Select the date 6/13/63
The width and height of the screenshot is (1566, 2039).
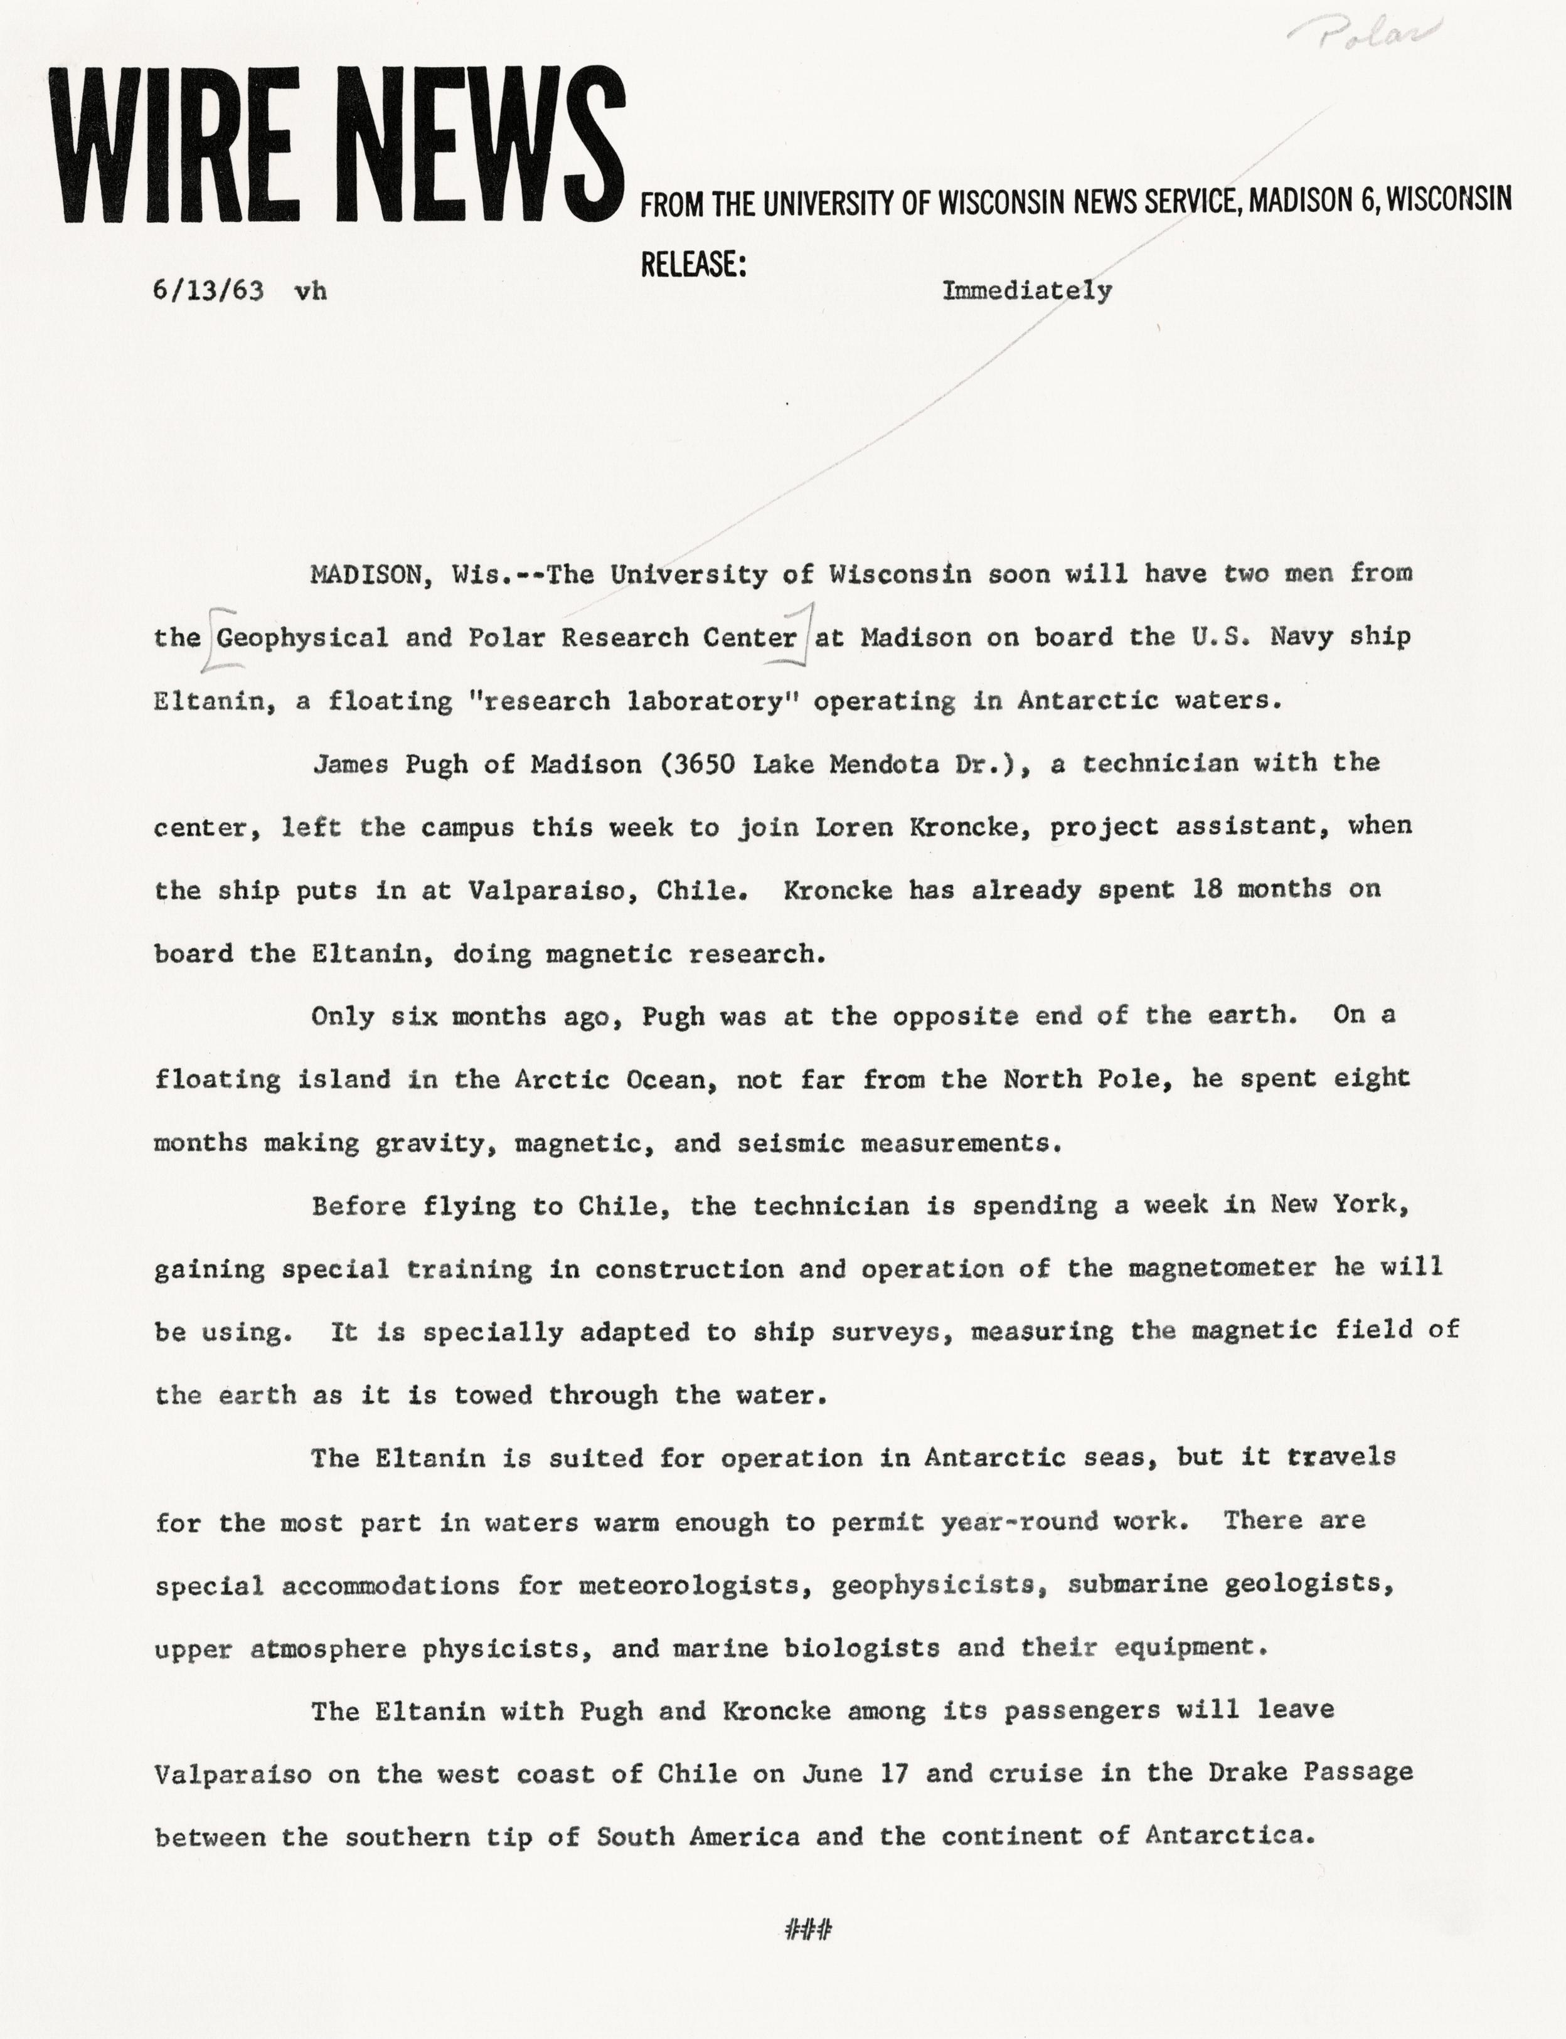point(208,291)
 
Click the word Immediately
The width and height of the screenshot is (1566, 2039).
point(1026,291)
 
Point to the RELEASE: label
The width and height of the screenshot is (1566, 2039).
point(693,265)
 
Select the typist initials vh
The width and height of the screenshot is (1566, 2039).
point(311,291)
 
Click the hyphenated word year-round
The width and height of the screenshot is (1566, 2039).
point(1018,1521)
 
